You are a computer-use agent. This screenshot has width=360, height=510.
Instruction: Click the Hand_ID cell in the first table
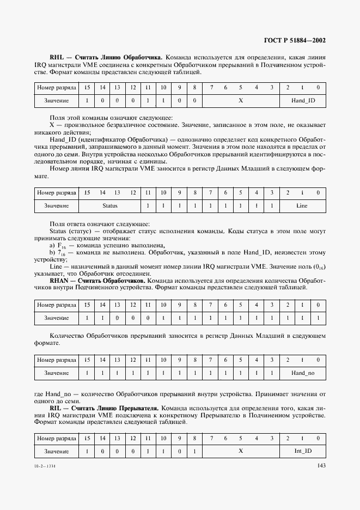(303, 100)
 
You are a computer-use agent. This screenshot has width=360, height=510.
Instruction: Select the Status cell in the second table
(109, 205)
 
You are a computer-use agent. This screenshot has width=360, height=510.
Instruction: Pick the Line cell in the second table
(302, 205)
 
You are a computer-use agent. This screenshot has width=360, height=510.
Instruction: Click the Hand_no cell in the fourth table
(303, 373)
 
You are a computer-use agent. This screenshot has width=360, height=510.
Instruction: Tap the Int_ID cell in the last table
(303, 451)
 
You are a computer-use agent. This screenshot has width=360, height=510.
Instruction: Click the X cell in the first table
(241, 100)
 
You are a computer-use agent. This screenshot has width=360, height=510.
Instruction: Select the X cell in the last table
(241, 451)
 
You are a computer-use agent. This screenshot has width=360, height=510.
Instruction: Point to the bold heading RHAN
(59, 280)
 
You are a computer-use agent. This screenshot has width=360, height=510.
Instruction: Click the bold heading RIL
(56, 407)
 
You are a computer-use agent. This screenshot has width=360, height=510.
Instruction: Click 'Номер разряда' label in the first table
(56, 87)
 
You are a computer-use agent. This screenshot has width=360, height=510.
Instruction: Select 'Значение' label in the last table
(56, 451)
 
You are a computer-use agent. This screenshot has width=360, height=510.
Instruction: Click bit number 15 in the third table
(86, 305)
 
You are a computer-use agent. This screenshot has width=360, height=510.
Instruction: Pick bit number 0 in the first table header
(318, 87)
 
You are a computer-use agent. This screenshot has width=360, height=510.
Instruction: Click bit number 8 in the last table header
(194, 438)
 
